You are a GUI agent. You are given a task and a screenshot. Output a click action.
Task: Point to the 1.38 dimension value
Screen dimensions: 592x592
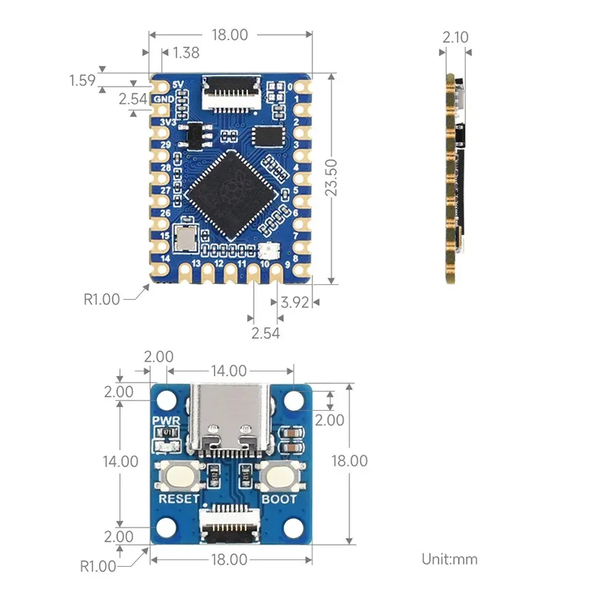(x=185, y=53)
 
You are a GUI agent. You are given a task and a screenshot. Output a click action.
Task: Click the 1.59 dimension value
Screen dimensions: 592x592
(x=81, y=79)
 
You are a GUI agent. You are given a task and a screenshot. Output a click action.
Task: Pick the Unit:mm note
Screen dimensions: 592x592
(x=449, y=559)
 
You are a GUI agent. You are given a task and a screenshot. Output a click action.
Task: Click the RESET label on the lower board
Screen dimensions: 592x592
(x=179, y=499)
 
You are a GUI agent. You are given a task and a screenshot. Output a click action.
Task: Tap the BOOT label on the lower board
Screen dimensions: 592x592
(x=279, y=499)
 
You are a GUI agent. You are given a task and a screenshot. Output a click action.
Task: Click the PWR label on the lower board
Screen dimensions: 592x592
(x=162, y=421)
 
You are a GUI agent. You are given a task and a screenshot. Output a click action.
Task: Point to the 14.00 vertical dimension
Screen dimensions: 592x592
(x=120, y=461)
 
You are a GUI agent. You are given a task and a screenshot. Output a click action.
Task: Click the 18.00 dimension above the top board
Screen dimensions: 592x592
(x=229, y=34)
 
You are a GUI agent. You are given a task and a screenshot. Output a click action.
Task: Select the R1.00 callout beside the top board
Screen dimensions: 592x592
(x=101, y=300)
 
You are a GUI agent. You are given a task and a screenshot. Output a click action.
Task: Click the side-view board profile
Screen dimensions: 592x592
(x=451, y=178)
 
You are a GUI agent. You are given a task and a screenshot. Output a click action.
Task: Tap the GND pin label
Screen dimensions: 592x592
(x=165, y=99)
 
